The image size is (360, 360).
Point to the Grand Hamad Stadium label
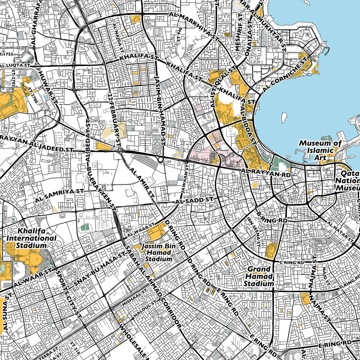click(x=259, y=276)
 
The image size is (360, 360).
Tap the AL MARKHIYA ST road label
click(x=194, y=26)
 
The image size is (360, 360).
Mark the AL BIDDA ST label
click(x=248, y=124)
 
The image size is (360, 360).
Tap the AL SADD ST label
click(x=194, y=200)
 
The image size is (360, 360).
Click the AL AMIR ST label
click(x=141, y=182)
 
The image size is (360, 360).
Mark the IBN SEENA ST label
click(x=253, y=232)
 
